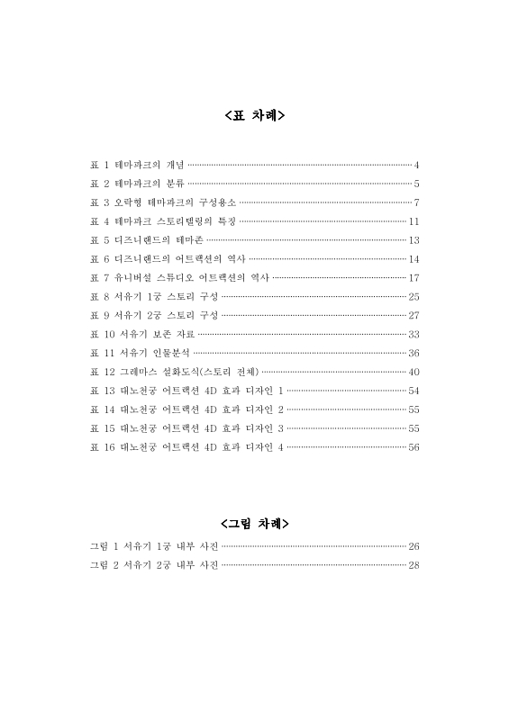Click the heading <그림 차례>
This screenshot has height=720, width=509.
click(x=254, y=523)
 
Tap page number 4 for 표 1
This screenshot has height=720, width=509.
click(x=417, y=165)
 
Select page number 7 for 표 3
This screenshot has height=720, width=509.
click(x=417, y=202)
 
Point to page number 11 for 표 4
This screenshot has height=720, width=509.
click(x=414, y=221)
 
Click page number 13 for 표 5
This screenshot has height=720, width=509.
click(x=414, y=240)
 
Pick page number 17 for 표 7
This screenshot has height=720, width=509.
click(x=414, y=277)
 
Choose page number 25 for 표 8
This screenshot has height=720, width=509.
click(x=414, y=296)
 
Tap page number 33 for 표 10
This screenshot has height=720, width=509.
click(x=414, y=334)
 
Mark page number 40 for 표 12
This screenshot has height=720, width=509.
click(x=414, y=372)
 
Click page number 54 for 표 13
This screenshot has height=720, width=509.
click(x=414, y=391)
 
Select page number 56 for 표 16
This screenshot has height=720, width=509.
click(x=414, y=446)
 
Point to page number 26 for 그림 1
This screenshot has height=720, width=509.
click(x=414, y=546)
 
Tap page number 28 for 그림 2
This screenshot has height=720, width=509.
click(x=414, y=565)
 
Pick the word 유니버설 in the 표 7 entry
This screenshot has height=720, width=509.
click(x=136, y=277)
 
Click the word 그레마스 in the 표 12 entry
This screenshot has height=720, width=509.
click(x=139, y=372)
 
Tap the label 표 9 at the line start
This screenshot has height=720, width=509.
click(x=99, y=315)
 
